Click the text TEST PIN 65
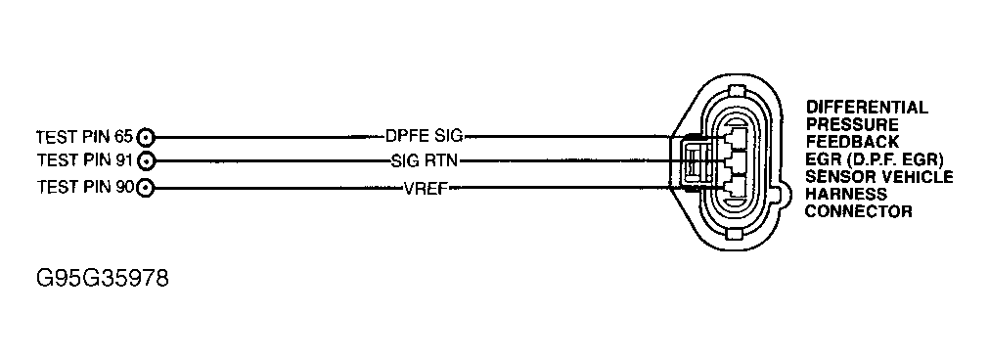coord(85,137)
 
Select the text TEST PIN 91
coord(85,160)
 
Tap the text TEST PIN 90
coord(85,186)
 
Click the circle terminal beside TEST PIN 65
coord(146,137)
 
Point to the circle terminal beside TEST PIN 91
coord(146,160)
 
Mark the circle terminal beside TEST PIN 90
coord(146,186)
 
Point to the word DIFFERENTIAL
coord(866,108)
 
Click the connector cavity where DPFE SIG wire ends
coord(732,138)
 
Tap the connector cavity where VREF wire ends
coord(732,186)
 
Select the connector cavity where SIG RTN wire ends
coord(732,161)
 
